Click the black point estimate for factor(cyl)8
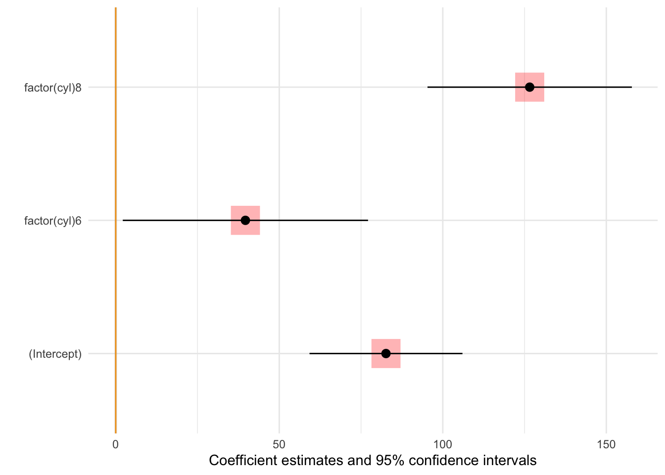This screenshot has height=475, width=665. click(529, 87)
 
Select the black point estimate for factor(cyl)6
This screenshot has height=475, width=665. click(245, 220)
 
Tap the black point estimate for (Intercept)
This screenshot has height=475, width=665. click(386, 353)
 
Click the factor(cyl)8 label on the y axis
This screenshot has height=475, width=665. click(52, 88)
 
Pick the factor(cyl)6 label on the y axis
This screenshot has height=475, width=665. click(52, 221)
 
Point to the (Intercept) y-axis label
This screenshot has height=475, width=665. click(55, 354)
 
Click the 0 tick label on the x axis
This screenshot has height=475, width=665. click(115, 444)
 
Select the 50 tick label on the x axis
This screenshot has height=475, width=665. click(279, 444)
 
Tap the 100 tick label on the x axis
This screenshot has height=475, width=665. click(442, 444)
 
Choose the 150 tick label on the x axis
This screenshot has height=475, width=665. click(606, 444)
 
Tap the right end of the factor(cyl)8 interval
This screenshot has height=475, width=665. click(631, 87)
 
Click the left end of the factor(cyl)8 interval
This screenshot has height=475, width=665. click(428, 87)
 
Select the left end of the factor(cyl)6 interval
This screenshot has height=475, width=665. click(123, 220)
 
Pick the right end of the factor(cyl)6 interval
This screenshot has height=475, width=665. click(368, 220)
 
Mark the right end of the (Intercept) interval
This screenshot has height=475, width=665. click(462, 353)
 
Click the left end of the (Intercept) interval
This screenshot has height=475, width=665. click(310, 353)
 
